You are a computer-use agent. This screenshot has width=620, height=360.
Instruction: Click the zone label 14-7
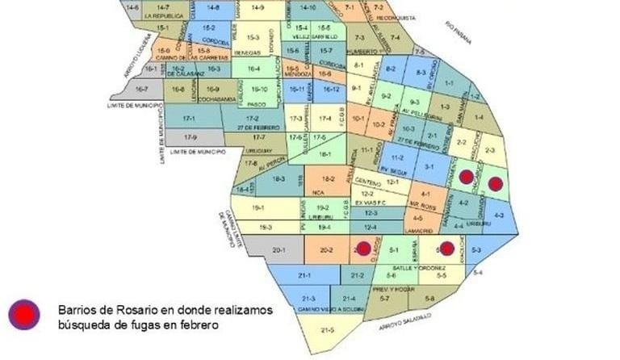161,7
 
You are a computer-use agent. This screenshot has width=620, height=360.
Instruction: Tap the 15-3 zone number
253,36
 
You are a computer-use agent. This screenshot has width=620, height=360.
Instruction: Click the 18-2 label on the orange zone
328,179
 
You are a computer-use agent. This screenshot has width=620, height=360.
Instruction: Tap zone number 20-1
279,251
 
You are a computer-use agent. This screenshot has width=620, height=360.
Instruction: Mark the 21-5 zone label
327,329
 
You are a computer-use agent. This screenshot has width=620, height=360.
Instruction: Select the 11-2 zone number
396,157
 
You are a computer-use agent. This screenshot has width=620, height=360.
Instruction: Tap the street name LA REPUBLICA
160,15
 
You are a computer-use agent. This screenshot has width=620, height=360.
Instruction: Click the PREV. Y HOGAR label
392,288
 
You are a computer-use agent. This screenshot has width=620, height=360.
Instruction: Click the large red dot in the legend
24,315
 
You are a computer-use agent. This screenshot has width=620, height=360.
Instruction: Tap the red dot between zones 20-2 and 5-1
364,249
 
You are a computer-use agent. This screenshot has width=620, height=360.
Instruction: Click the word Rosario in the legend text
128,310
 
